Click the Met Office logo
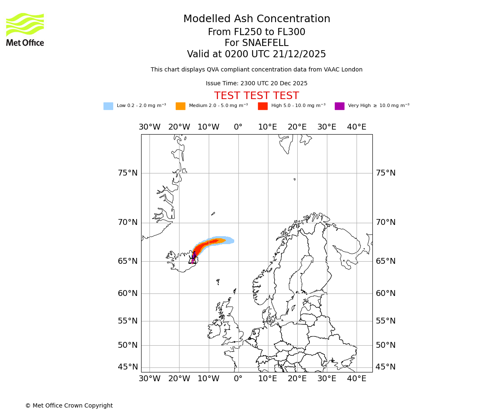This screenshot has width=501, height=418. click(25, 29)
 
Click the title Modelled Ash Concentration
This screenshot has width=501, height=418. click(256, 19)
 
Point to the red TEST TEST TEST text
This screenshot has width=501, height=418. click(256, 96)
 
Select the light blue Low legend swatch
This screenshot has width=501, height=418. click(108, 106)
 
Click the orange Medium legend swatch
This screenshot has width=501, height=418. click(180, 106)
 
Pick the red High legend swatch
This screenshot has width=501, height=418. click(263, 106)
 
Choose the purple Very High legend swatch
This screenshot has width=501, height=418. click(339, 106)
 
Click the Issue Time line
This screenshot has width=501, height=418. click(256, 84)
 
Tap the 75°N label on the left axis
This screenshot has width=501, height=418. click(127, 173)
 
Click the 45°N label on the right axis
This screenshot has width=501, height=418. click(385, 367)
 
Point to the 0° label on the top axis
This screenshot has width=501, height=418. click(238, 127)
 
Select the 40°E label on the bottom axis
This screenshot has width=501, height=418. click(357, 379)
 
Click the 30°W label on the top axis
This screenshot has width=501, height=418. click(149, 127)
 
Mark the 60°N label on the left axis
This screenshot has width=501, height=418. click(127, 293)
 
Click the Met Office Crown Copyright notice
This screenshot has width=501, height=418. click(69, 405)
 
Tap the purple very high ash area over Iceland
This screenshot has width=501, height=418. click(193, 255)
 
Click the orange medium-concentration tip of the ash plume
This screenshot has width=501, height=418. click(222, 240)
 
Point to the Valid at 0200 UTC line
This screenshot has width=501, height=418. click(256, 54)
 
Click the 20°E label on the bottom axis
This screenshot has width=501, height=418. click(297, 379)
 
